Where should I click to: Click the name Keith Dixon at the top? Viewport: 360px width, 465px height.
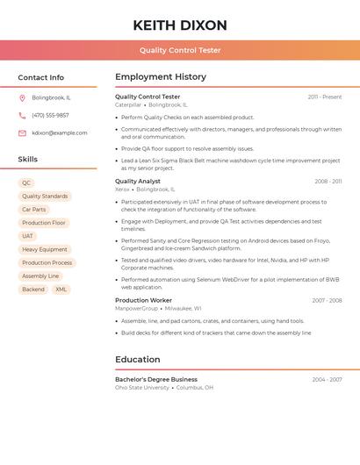click(x=180, y=25)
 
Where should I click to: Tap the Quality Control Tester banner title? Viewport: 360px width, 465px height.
click(x=180, y=50)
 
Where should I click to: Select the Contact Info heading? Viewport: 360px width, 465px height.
click(x=41, y=77)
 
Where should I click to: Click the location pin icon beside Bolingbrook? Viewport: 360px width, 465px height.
click(x=22, y=97)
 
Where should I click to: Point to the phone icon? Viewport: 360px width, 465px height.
click(x=22, y=115)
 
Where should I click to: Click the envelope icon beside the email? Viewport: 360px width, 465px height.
click(x=22, y=133)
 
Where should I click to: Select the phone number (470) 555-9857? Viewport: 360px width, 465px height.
click(x=50, y=115)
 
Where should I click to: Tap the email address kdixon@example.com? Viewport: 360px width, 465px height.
click(x=60, y=133)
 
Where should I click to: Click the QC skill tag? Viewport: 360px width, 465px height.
click(x=27, y=183)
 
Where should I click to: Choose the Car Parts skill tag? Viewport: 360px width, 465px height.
click(x=34, y=210)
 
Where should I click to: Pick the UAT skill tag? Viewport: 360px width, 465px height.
click(x=28, y=236)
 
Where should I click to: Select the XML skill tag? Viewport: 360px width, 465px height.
click(x=61, y=289)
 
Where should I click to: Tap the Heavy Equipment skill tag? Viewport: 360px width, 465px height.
click(x=45, y=249)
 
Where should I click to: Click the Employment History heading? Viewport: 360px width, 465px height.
click(x=161, y=77)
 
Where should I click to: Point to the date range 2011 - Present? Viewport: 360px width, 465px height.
click(x=325, y=97)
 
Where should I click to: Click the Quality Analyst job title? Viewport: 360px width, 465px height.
click(x=138, y=182)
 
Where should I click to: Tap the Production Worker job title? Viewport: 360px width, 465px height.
click(x=143, y=300)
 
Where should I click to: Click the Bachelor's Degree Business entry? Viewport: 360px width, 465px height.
click(x=156, y=380)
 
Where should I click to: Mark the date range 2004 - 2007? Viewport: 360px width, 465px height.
click(x=327, y=380)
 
